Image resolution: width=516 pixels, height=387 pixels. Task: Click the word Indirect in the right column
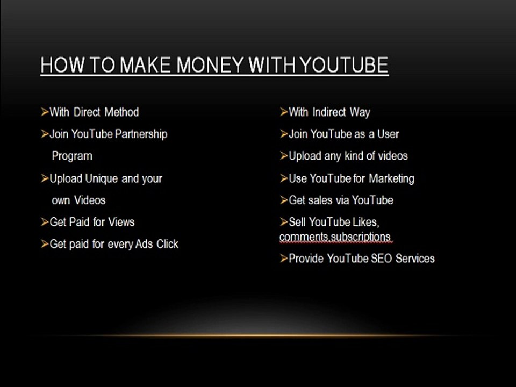pyautogui.click(x=328, y=112)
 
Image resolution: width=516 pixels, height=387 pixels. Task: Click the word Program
pyautogui.click(x=72, y=156)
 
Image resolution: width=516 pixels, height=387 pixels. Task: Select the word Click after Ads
pyautogui.click(x=167, y=244)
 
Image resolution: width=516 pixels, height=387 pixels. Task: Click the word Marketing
pyautogui.click(x=391, y=178)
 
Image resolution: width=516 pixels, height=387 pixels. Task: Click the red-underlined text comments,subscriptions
pyautogui.click(x=334, y=237)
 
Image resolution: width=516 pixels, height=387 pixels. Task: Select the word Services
pyautogui.click(x=415, y=259)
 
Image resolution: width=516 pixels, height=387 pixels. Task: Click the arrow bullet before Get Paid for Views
pyautogui.click(x=45, y=222)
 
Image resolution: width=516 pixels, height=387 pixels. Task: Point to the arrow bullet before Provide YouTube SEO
pyautogui.click(x=284, y=259)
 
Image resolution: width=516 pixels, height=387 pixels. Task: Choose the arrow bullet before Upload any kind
pyautogui.click(x=284, y=156)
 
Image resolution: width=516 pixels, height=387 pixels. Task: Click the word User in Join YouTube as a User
pyautogui.click(x=388, y=134)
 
